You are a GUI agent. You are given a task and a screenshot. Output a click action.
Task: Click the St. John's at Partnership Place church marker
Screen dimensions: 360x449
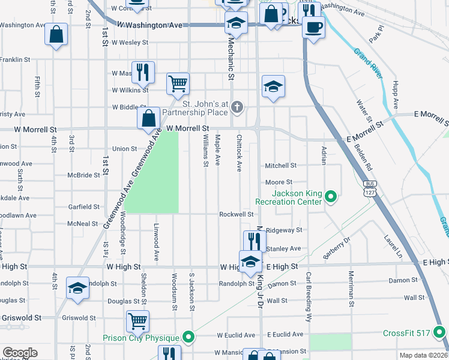237,107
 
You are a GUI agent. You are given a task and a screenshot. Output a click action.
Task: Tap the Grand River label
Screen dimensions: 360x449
367,63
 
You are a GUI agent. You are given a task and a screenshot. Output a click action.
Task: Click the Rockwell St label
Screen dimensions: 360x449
237,214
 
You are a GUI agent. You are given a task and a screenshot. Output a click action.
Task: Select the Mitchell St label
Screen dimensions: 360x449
281,166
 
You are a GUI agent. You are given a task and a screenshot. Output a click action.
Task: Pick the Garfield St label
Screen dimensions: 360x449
83,206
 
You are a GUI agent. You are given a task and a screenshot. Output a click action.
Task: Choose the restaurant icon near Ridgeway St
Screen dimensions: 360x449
255,241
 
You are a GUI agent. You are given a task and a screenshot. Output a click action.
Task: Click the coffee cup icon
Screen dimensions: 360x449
313,26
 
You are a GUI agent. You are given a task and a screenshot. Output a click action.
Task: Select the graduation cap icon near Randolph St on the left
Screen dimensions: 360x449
77,288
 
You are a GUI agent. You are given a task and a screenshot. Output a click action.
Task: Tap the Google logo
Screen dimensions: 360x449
20,353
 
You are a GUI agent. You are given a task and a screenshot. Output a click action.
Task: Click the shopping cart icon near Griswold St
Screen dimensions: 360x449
137,320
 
